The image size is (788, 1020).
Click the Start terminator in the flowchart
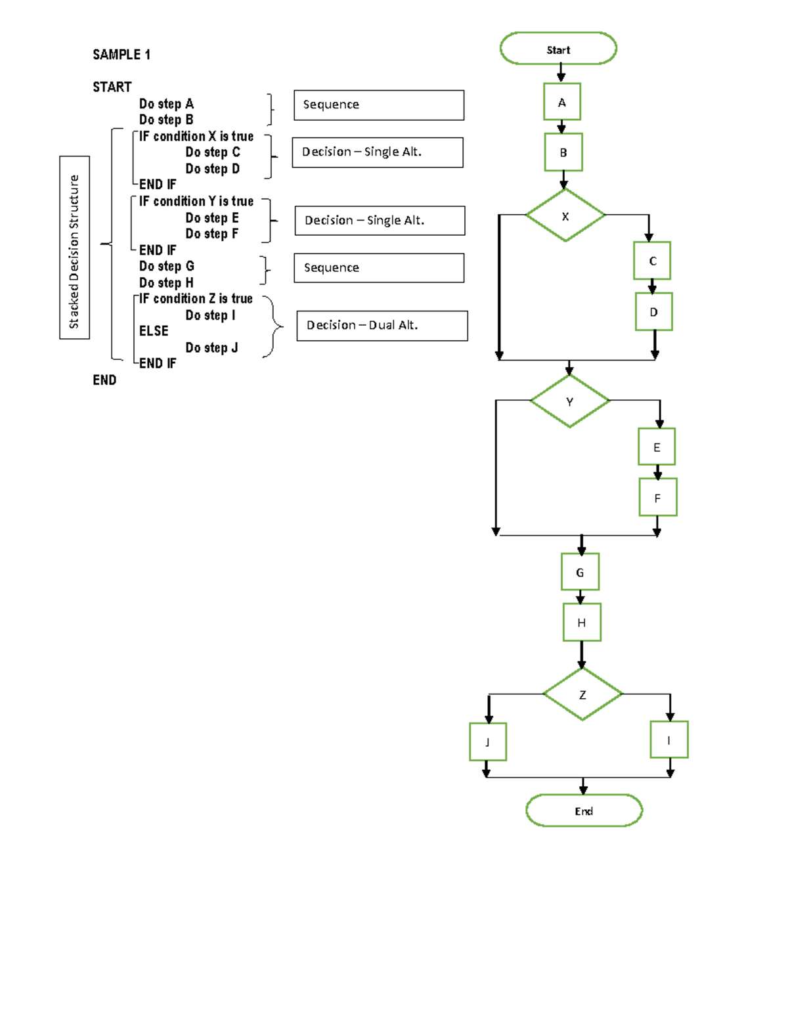tap(558, 49)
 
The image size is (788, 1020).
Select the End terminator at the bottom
tap(584, 810)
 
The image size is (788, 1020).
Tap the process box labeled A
tap(562, 102)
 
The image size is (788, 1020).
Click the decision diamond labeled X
tap(565, 215)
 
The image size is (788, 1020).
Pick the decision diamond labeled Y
tap(569, 401)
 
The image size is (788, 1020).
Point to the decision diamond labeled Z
tap(582, 694)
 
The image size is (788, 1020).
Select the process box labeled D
tap(653, 311)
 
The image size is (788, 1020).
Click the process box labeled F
tap(657, 498)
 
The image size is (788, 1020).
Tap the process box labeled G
tap(580, 572)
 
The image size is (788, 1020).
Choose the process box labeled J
tap(488, 742)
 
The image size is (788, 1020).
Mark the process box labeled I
tap(669, 740)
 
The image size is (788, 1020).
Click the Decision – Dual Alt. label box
tap(382, 326)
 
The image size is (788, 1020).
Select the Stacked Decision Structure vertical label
tap(74, 248)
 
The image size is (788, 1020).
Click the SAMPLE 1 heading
tap(121, 55)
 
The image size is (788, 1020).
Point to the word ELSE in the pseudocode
tap(154, 331)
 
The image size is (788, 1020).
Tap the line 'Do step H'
tap(166, 282)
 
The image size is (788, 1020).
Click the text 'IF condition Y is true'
tap(196, 201)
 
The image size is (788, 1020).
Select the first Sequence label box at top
tap(379, 105)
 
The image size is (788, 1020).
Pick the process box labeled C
tap(652, 261)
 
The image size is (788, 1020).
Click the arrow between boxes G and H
tap(580, 597)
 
